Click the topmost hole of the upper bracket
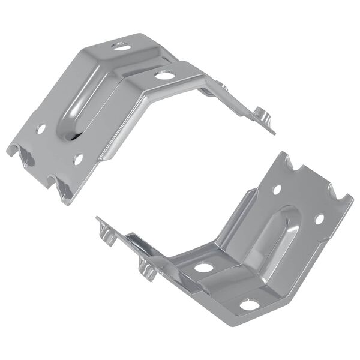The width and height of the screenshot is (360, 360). point(120,45)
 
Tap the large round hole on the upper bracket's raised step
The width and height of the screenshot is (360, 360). point(163,75)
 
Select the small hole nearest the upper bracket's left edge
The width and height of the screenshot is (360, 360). point(41,128)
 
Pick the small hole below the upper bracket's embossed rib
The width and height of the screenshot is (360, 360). point(78,159)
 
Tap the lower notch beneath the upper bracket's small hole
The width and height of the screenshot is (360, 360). point(63,189)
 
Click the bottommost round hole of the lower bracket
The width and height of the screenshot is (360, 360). point(249,305)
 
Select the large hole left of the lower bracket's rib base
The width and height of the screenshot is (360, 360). point(203,267)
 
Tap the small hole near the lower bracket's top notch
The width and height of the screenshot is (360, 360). point(277,190)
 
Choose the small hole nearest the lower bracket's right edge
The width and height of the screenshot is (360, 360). point(319,219)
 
